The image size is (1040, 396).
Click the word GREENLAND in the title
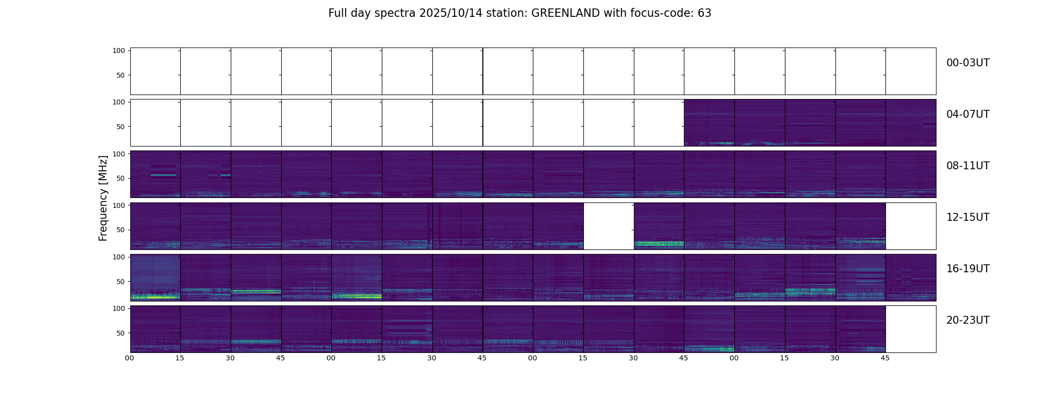point(565,13)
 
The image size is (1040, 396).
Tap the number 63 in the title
point(704,13)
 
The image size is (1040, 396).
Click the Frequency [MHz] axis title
point(103,198)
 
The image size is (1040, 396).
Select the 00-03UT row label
point(968,63)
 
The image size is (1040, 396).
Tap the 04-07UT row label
point(968,114)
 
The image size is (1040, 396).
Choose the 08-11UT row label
point(968,166)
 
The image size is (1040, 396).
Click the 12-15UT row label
point(968,217)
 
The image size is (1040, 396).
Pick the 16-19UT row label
point(968,269)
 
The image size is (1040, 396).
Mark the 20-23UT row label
point(968,320)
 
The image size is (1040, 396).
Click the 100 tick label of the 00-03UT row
point(119,50)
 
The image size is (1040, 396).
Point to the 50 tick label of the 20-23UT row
point(121,333)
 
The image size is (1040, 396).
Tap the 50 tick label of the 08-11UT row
point(121,178)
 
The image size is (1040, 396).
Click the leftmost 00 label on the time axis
point(130,358)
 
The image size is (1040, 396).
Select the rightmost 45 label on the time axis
point(885,358)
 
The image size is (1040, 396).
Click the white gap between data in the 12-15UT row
point(609,226)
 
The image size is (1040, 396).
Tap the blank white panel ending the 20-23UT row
point(910,329)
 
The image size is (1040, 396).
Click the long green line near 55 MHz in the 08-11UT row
point(163,175)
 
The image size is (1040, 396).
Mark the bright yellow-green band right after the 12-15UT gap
point(659,244)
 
